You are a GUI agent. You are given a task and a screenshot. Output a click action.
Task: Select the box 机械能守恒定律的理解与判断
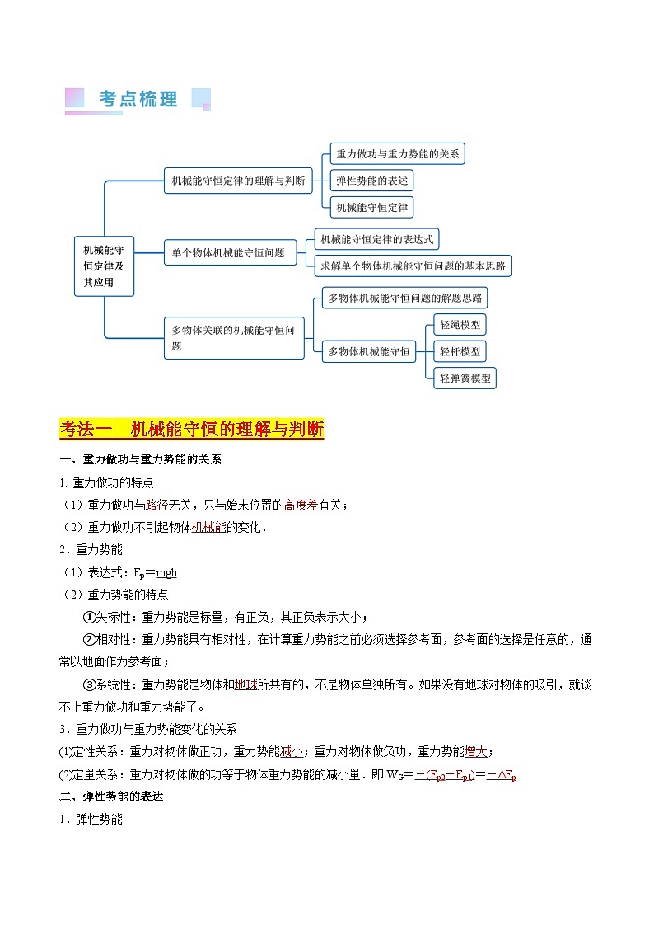point(238,180)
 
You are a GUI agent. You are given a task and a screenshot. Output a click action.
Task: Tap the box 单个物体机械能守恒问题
point(234,253)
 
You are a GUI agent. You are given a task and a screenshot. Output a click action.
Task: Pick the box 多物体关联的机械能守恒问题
point(234,338)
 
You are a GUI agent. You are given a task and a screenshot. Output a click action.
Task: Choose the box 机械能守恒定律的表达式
point(376,240)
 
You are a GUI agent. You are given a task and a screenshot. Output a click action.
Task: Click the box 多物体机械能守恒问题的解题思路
point(405,297)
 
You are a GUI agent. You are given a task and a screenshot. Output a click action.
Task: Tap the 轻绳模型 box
point(460,324)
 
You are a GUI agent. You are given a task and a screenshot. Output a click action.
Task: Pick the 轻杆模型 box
point(460,351)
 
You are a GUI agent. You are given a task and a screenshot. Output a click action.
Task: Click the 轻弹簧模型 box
point(465,378)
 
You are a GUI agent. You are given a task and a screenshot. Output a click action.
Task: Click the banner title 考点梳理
point(138,100)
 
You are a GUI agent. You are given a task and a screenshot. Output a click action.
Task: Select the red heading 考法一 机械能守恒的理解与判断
point(192,430)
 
